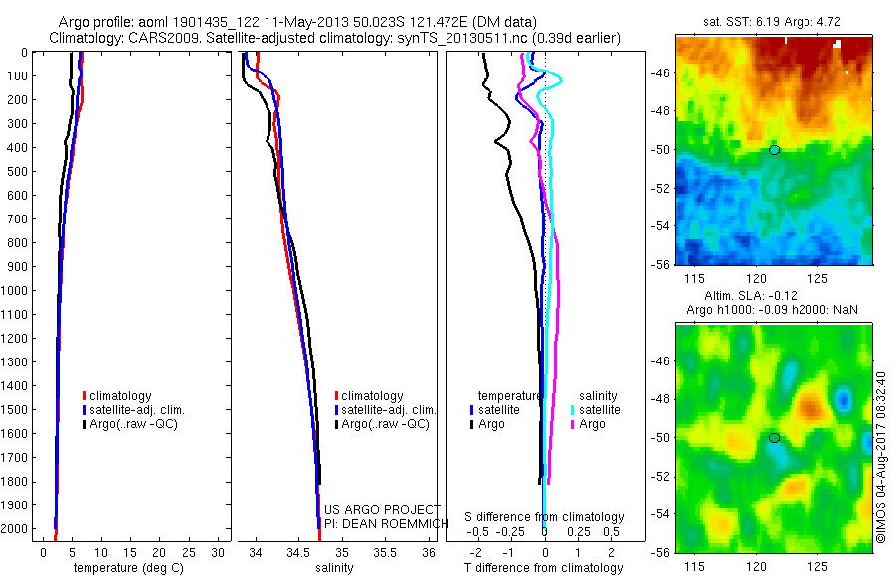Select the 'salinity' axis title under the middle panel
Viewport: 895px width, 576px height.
334,568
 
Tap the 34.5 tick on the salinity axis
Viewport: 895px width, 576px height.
299,551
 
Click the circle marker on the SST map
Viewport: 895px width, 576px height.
775,150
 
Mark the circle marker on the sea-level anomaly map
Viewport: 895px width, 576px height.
775,437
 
